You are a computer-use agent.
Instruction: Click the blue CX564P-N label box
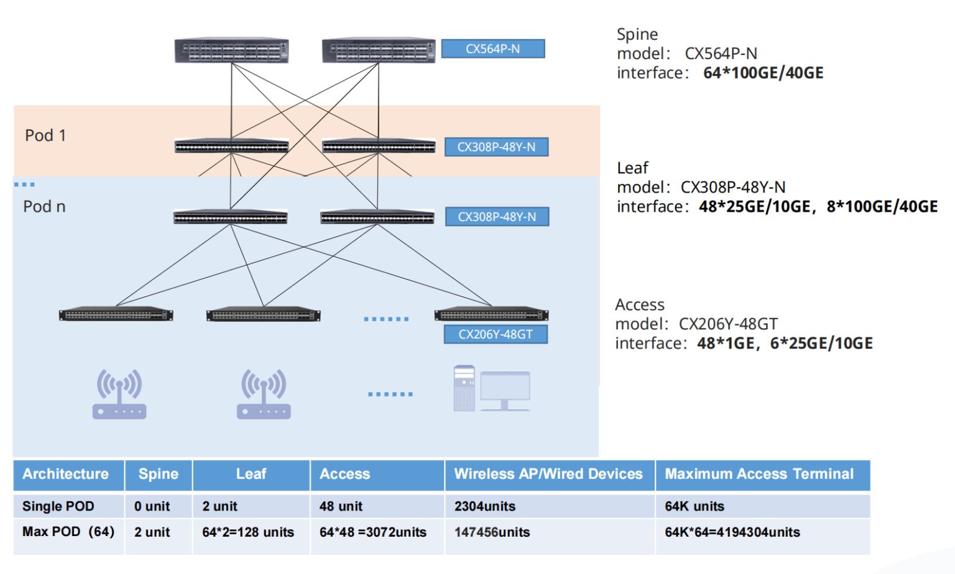tap(492, 49)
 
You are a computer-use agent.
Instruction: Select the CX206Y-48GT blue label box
tap(496, 334)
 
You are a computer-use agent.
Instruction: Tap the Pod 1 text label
tap(45, 135)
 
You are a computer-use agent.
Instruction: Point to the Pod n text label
tap(44, 207)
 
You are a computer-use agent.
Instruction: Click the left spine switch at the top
tap(231, 51)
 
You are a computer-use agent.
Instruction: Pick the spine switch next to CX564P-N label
tap(378, 51)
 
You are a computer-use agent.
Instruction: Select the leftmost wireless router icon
tap(119, 394)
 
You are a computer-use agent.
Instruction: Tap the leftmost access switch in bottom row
tap(116, 315)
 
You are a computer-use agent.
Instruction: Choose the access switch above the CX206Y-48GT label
tap(491, 314)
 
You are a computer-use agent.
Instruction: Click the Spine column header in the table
tap(159, 474)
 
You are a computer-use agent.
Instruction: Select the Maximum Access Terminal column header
tap(759, 474)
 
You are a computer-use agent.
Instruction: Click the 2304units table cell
tap(485, 506)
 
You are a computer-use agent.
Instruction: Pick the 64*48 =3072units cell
tap(373, 532)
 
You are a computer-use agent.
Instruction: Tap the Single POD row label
tap(58, 506)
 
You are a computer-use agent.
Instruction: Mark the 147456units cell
tap(492, 532)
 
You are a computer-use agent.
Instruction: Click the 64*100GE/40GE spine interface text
tap(763, 73)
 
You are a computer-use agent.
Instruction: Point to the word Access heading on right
tap(640, 304)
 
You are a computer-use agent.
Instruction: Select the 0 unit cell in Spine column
tap(152, 506)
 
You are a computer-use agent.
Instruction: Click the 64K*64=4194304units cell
tap(732, 532)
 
